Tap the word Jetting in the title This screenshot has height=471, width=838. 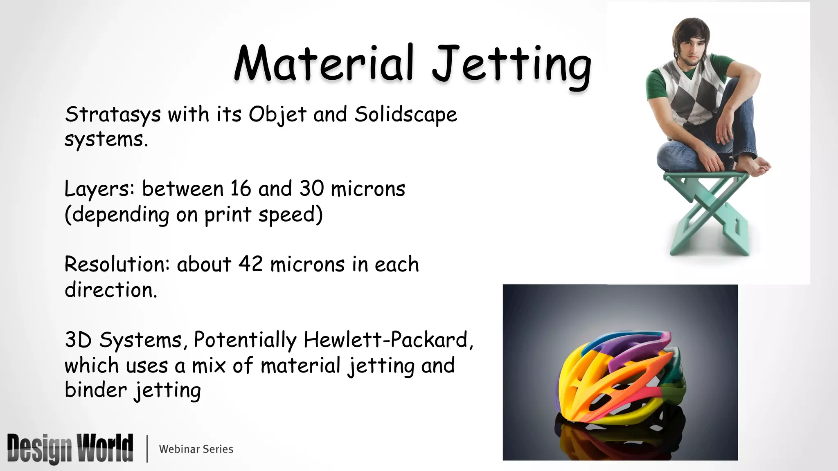pyautogui.click(x=511, y=65)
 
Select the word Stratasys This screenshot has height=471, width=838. pyautogui.click(x=113, y=114)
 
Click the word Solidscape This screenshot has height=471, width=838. pyautogui.click(x=405, y=114)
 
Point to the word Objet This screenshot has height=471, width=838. pyautogui.click(x=277, y=114)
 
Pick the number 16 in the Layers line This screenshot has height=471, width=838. pyautogui.click(x=240, y=188)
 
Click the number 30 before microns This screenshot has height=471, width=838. pyautogui.click(x=311, y=188)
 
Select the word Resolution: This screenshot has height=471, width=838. pyautogui.click(x=117, y=264)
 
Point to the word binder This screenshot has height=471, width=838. pyautogui.click(x=95, y=389)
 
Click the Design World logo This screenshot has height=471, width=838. pyautogui.click(x=70, y=449)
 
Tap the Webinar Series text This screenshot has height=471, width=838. pyautogui.click(x=196, y=449)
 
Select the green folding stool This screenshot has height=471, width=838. pyautogui.click(x=708, y=213)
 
